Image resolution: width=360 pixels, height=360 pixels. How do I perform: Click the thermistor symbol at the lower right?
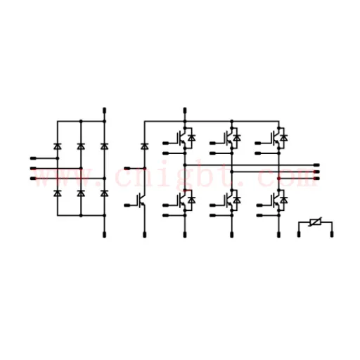315,221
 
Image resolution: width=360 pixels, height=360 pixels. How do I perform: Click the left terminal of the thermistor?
299,234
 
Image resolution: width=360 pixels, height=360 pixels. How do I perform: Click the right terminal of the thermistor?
332,234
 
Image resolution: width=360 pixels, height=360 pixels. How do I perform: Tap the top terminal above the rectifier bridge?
105,110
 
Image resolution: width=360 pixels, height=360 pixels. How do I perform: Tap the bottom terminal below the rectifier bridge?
105,234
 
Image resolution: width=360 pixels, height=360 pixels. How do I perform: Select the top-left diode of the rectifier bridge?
58,146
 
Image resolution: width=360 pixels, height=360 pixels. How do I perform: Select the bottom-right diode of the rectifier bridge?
105,193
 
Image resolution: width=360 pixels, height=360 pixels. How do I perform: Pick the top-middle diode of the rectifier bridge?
81,146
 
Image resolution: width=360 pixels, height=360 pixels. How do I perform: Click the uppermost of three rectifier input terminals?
33,158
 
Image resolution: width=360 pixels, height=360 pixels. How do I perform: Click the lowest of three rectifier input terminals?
33,179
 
